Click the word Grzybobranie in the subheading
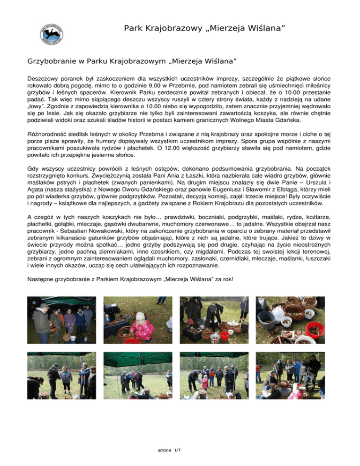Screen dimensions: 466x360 51,62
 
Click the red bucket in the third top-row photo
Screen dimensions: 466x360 227,336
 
